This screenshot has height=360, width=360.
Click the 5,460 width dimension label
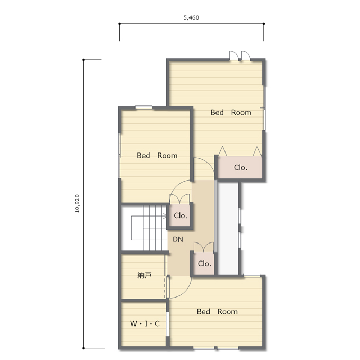coord(191,17)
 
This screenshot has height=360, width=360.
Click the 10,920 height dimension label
coord(77,204)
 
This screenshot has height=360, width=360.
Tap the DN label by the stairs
coord(178,239)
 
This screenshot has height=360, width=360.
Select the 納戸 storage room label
coord(144,275)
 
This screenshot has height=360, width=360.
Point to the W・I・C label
coord(145,323)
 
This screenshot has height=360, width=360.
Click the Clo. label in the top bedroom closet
coord(240,168)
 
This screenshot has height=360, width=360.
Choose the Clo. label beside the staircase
coord(181,215)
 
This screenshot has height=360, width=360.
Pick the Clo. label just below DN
coord(204,264)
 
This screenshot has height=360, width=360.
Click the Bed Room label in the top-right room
coord(231,112)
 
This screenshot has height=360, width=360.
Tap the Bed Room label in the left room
coord(157,156)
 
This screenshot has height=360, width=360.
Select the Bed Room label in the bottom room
coord(217,311)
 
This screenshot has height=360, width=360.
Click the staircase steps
coord(149,228)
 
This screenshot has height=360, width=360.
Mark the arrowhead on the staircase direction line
coord(165,216)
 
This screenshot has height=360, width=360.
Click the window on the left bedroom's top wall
coord(143,107)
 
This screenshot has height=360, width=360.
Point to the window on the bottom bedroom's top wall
coord(252,275)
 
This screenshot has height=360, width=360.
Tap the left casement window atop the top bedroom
coord(234,56)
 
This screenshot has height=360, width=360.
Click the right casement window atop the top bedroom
coord(246,56)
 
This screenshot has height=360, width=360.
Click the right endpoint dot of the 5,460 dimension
coord(264,24)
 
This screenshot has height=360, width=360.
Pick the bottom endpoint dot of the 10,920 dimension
coord(83,348)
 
